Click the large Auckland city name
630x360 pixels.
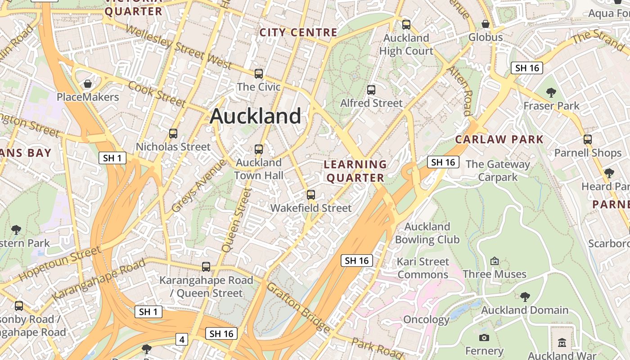pyautogui.click(x=255, y=116)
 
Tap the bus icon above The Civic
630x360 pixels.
pyautogui.click(x=259, y=74)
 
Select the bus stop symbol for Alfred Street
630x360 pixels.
pyautogui.click(x=371, y=90)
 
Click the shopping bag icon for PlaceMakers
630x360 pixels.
pyautogui.click(x=88, y=84)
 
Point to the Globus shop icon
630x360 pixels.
pyautogui.click(x=486, y=24)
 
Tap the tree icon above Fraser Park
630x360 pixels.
pyautogui.click(x=551, y=93)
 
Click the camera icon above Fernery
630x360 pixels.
pyautogui.click(x=484, y=337)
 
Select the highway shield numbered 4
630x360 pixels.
pyautogui.click(x=181, y=339)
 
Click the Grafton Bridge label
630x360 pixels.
pyautogui.click(x=298, y=308)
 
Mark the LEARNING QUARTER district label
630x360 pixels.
pyautogui.click(x=355, y=171)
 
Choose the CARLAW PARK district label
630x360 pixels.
pyautogui.click(x=499, y=139)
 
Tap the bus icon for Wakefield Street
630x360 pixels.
pyautogui.click(x=310, y=195)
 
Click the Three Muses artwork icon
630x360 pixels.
pyautogui.click(x=495, y=261)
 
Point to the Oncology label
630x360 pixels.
pyautogui.click(x=426, y=320)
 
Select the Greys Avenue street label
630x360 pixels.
pyautogui.click(x=199, y=185)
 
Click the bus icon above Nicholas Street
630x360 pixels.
pyautogui.click(x=173, y=134)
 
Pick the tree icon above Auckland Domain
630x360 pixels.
pyautogui.click(x=525, y=297)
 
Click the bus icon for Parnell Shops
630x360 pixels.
pyautogui.click(x=588, y=139)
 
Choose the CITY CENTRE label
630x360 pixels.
pyautogui.click(x=298, y=32)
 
